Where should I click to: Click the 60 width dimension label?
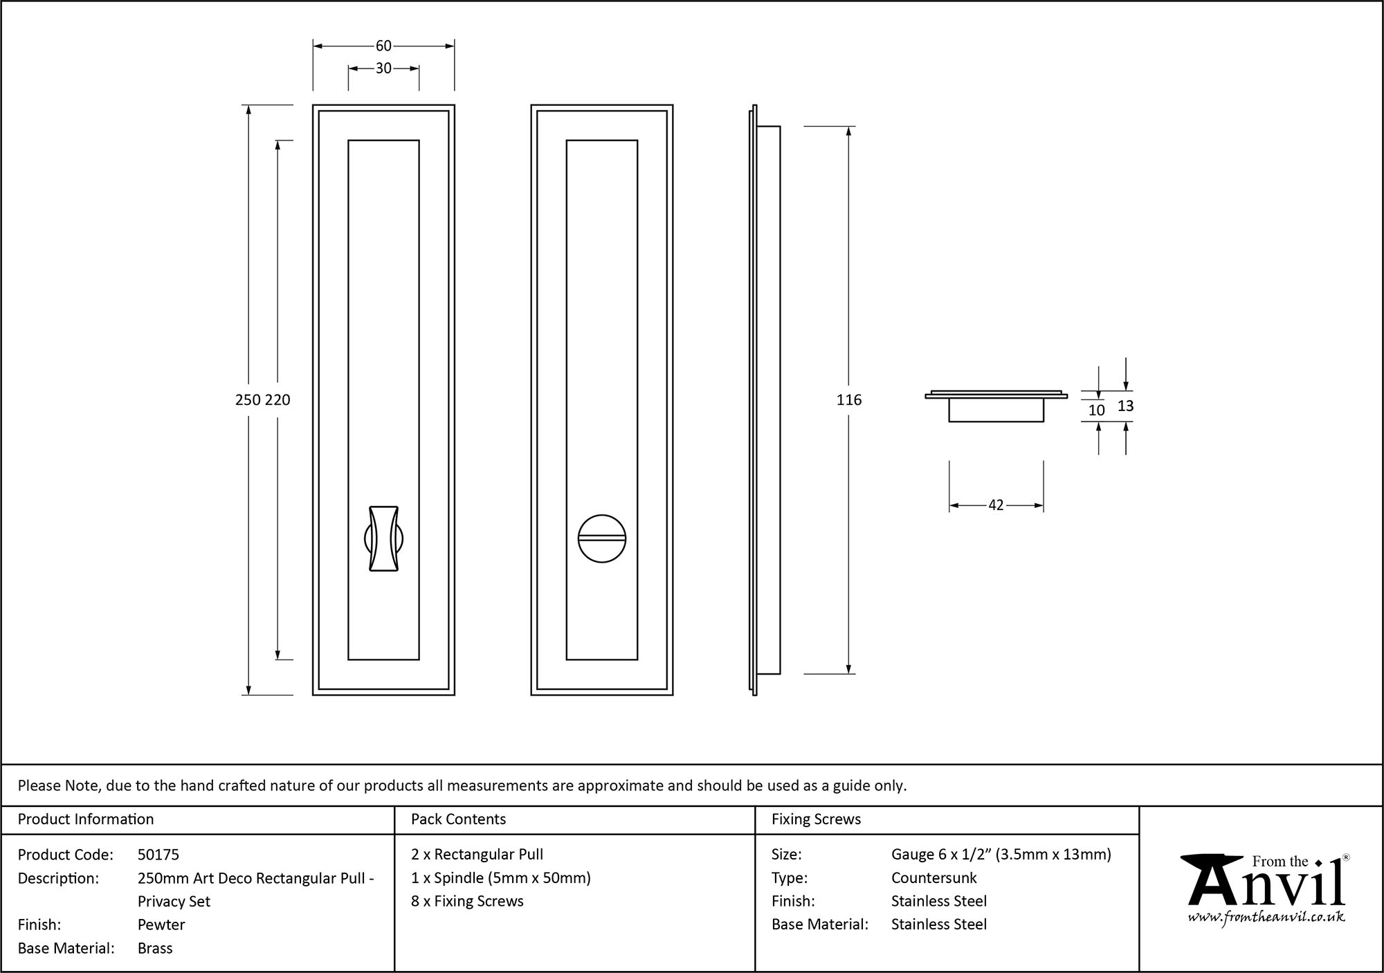click(383, 46)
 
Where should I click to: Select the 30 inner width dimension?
click(383, 69)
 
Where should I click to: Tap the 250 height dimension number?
click(248, 400)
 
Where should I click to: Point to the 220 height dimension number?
click(277, 400)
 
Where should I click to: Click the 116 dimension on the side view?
click(849, 400)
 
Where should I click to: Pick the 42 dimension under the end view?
click(996, 505)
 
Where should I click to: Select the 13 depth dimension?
click(1126, 406)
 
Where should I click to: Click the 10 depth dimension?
click(1097, 410)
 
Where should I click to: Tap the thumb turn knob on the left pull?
click(383, 538)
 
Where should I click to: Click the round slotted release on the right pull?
click(602, 538)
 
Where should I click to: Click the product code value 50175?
click(158, 855)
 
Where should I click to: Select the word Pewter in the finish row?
click(161, 925)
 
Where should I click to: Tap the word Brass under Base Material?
click(155, 948)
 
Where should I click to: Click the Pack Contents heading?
click(458, 819)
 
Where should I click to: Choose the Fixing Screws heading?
click(816, 819)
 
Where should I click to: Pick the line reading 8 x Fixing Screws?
click(467, 901)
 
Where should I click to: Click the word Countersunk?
click(934, 878)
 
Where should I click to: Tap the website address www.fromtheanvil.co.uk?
click(1266, 918)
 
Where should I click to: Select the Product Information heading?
click(86, 819)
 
